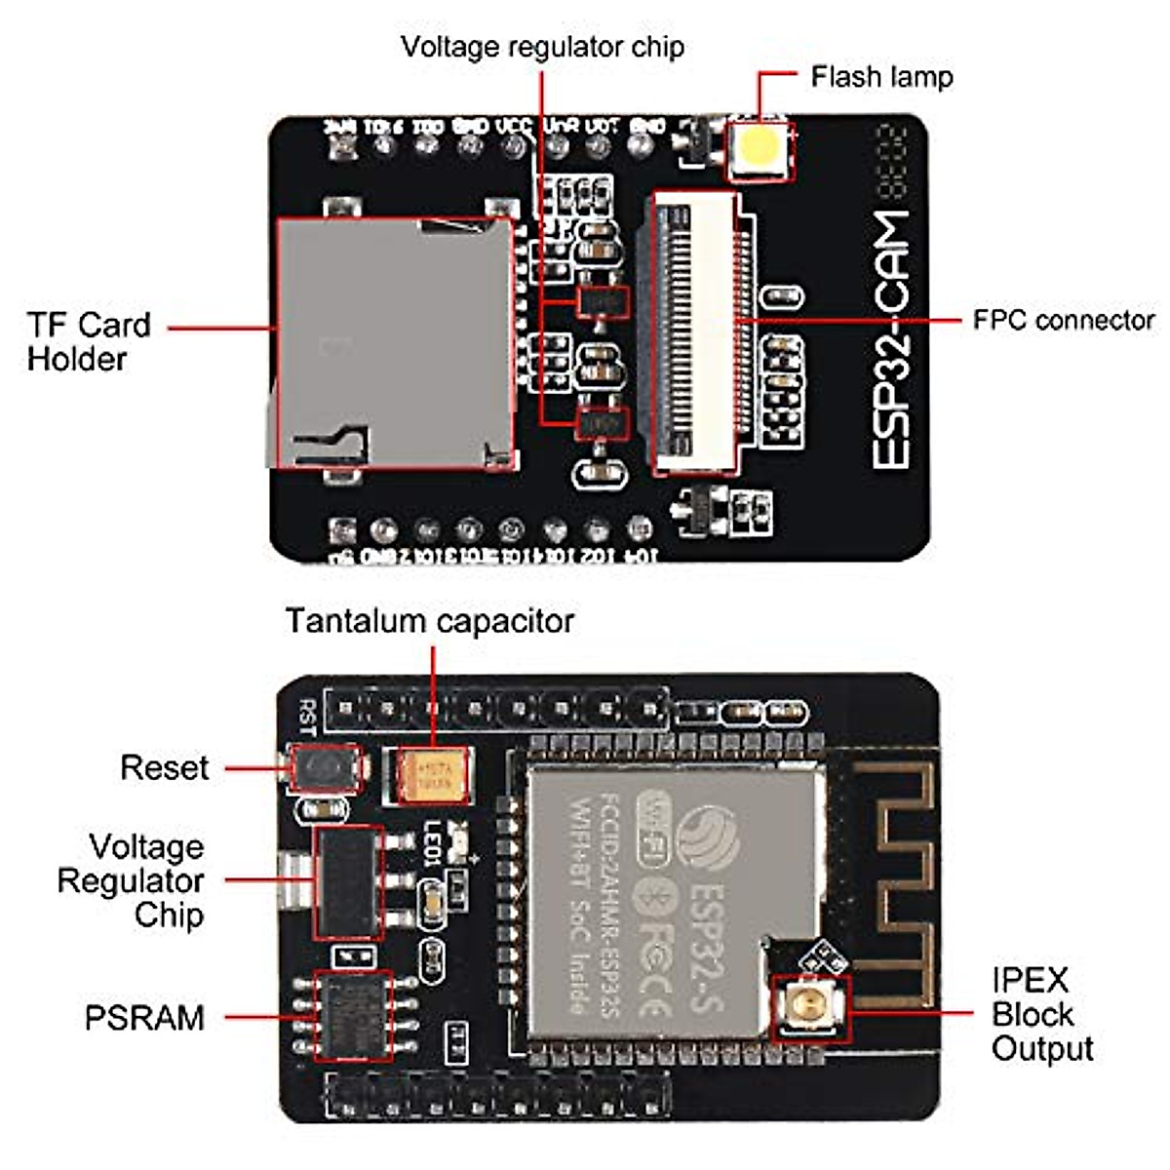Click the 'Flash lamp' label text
[880, 77]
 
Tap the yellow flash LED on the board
[760, 148]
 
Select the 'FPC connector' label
[1063, 320]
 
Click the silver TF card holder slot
[394, 341]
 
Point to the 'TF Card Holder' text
[89, 341]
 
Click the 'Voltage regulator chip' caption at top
[542, 47]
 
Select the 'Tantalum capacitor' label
[429, 621]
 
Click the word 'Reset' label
[164, 767]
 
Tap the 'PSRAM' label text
[144, 1018]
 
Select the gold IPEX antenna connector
[808, 1005]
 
